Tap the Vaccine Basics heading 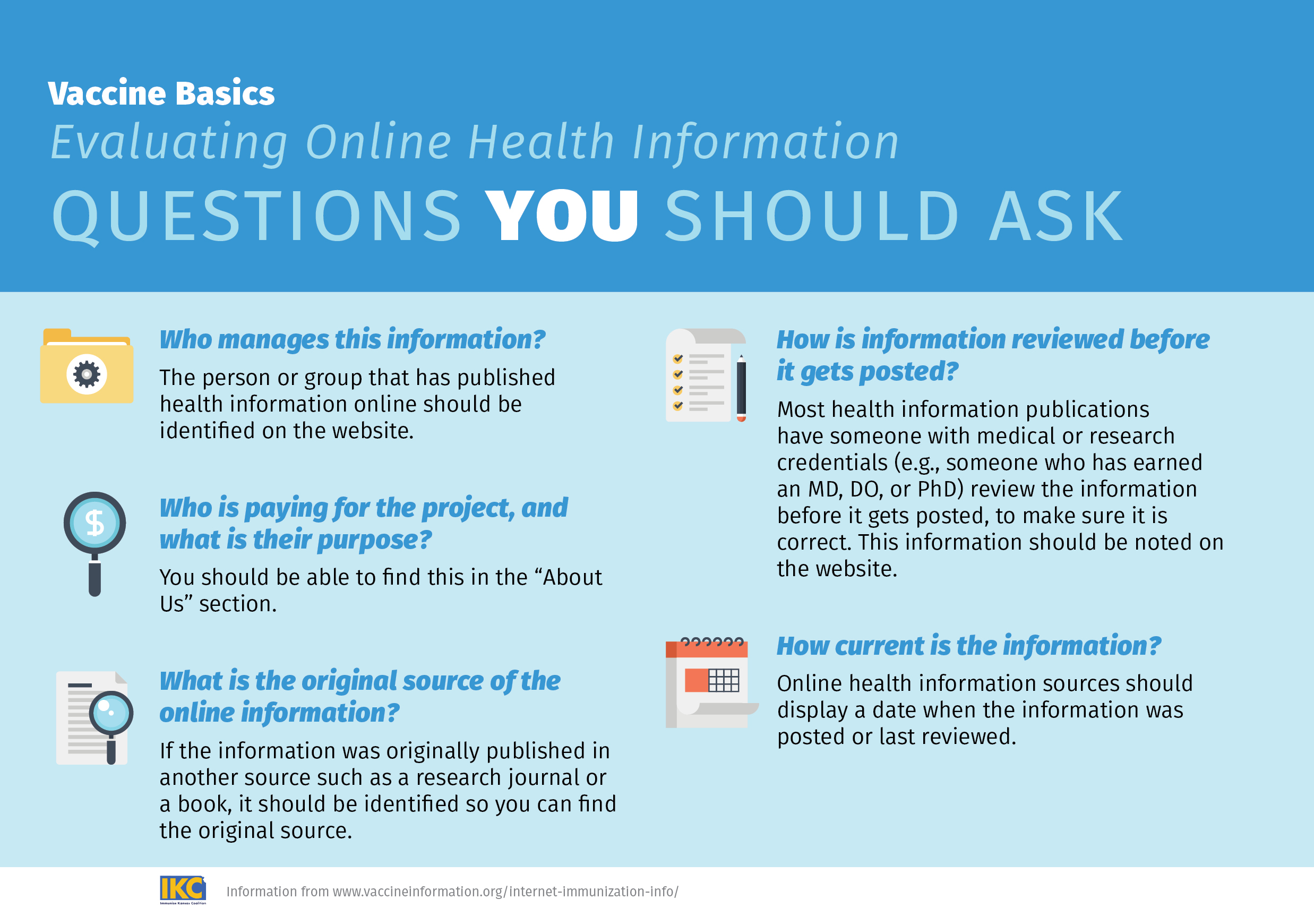click(161, 93)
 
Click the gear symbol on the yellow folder click(87, 374)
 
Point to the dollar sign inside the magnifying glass click(95, 523)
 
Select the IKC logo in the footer click(183, 889)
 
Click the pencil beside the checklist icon click(741, 388)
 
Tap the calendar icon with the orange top click(711, 682)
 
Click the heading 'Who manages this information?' click(352, 339)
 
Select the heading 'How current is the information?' click(968, 646)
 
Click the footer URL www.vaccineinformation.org click(418, 892)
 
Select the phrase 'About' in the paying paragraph click(572, 577)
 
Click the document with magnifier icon click(95, 718)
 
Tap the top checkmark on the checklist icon click(677, 359)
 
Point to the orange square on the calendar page click(697, 680)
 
